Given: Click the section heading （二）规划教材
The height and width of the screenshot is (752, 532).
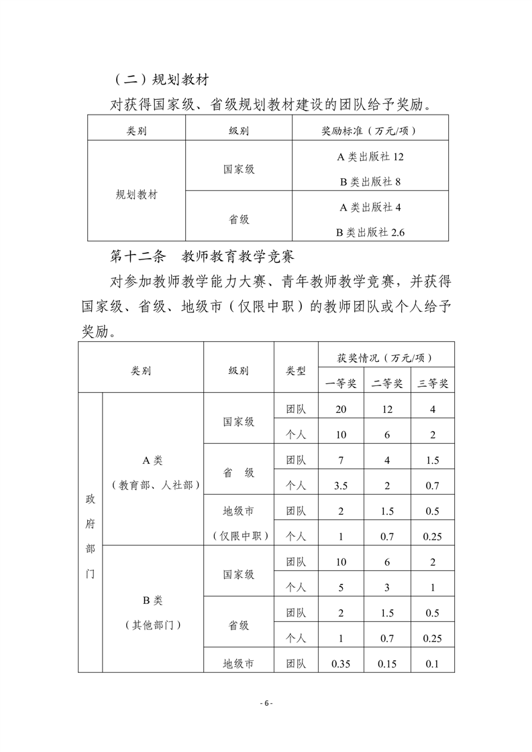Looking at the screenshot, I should point(160,80).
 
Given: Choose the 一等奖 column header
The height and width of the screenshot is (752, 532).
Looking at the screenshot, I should point(341,383).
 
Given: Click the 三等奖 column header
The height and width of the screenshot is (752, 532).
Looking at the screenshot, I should point(433,383).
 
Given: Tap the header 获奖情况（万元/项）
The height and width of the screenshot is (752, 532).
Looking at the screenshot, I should point(386,355).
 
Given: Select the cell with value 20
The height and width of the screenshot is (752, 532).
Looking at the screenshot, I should point(341,409).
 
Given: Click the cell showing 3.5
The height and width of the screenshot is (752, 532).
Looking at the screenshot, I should point(341,485).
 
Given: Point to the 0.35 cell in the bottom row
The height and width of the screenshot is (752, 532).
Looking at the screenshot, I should point(341,664).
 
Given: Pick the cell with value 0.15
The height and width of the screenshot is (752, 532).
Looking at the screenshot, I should point(387,664).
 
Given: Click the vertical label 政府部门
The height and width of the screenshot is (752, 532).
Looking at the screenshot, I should point(90,536).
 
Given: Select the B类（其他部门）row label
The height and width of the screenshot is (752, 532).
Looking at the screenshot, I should point(153,612).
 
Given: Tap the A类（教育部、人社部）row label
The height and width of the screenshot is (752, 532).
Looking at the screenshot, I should point(153,473).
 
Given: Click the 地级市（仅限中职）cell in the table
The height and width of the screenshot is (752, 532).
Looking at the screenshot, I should point(239,523).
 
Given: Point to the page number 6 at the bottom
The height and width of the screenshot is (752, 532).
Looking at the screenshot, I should point(266,703).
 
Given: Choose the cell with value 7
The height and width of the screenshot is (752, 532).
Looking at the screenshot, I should point(341,460).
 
